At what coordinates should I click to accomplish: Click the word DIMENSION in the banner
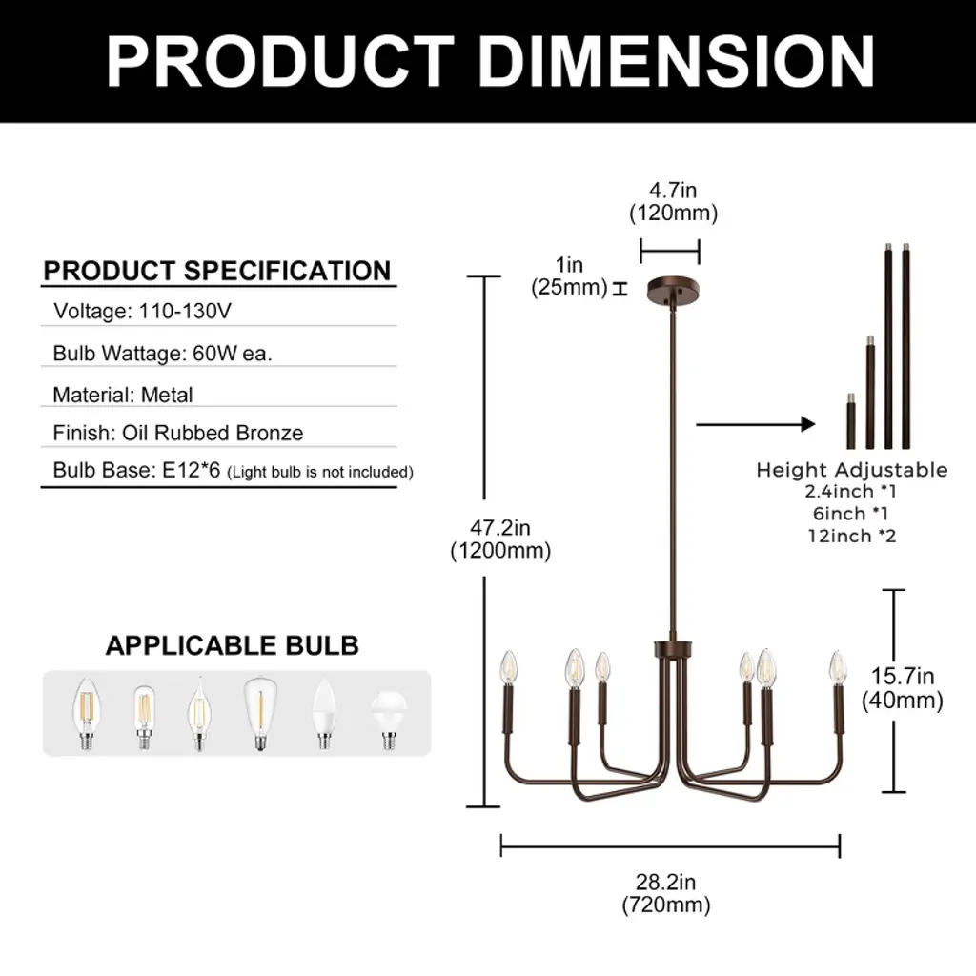tap(677, 61)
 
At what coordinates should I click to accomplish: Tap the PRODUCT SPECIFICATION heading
tap(217, 271)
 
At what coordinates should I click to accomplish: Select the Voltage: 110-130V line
tap(143, 311)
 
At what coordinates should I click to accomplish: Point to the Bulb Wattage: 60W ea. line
tap(162, 353)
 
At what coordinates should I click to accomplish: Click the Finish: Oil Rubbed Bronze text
tap(178, 433)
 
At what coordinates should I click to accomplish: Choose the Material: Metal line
tap(123, 395)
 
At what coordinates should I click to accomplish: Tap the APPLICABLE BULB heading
tap(233, 645)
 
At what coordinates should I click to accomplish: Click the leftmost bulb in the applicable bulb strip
tap(87, 713)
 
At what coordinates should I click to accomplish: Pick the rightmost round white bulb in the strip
tap(389, 721)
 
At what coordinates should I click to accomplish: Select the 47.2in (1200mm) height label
tap(500, 539)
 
